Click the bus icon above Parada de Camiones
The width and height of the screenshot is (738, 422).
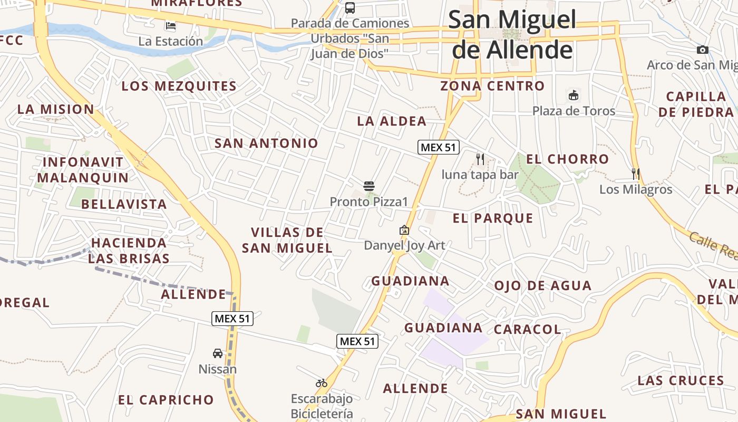(x=350, y=8)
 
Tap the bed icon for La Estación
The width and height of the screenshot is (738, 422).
(x=170, y=25)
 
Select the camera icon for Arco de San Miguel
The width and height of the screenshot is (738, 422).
(x=703, y=50)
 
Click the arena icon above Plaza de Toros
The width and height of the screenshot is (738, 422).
(x=574, y=95)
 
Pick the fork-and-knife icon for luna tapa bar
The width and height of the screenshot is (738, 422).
(x=480, y=159)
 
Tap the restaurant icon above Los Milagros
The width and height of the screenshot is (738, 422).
(x=636, y=174)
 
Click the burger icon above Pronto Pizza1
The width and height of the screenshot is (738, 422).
(x=369, y=186)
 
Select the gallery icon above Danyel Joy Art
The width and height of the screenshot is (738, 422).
(x=404, y=230)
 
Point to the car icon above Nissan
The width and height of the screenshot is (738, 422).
(x=218, y=353)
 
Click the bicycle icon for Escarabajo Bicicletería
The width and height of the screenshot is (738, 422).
(x=322, y=383)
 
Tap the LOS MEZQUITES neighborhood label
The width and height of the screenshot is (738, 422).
(x=179, y=86)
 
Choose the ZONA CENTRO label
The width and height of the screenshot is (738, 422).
(x=492, y=85)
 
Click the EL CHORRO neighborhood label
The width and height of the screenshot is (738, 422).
(x=567, y=159)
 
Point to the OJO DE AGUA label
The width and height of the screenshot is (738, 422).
(x=542, y=285)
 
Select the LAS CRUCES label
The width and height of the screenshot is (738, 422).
(x=681, y=380)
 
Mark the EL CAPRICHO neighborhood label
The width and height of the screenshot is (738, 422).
(x=166, y=399)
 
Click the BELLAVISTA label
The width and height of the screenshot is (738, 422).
(x=124, y=204)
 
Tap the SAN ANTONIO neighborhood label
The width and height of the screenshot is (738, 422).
(x=266, y=143)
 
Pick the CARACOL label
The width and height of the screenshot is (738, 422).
(x=527, y=329)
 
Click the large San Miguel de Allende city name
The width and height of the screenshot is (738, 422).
(x=512, y=35)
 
